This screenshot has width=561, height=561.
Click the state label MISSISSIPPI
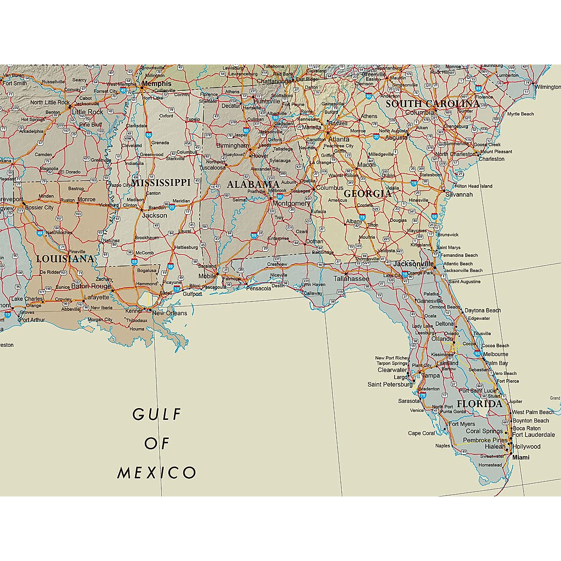(160, 183)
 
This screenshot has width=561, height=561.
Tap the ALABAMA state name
(253, 185)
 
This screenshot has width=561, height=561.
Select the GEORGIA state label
(367, 194)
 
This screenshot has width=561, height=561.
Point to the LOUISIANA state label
(65, 259)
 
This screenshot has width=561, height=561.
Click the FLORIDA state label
(479, 404)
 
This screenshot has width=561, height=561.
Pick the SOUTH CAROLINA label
(432, 104)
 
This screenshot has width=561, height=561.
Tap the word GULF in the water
(157, 414)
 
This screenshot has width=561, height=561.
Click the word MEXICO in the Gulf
(157, 473)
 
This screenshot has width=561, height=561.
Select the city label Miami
(521, 457)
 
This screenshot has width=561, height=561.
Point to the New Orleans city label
(170, 313)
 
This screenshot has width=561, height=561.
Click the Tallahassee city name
(351, 279)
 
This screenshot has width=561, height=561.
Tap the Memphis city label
(157, 84)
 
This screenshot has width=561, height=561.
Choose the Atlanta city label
(338, 139)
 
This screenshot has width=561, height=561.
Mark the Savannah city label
(459, 194)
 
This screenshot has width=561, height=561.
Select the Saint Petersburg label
(390, 384)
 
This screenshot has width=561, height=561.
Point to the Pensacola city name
(259, 288)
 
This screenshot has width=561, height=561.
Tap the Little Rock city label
(87, 112)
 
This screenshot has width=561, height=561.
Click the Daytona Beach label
(482, 310)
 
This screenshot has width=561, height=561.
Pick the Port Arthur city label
(31, 320)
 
